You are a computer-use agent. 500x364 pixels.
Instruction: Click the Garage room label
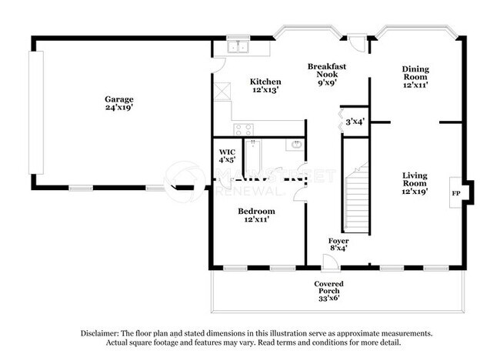pyautogui.click(x=119, y=99)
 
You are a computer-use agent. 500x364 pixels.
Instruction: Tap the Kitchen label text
pyautogui.click(x=265, y=82)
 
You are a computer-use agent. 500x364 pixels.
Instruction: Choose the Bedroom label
pyautogui.click(x=256, y=210)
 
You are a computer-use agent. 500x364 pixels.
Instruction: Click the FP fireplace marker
pyautogui.click(x=455, y=193)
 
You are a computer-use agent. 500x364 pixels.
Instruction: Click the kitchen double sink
pyautogui.click(x=238, y=47)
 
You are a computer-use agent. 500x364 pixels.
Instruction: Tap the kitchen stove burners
pyautogui.click(x=245, y=129)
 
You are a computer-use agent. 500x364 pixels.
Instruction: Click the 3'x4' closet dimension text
pyautogui.click(x=355, y=121)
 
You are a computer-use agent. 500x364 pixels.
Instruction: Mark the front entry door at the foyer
pyautogui.click(x=329, y=263)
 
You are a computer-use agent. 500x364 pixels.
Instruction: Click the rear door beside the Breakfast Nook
pyautogui.click(x=355, y=41)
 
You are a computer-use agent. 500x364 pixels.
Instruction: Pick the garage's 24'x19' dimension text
pyautogui.click(x=119, y=109)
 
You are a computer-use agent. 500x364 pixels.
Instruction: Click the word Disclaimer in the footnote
pyautogui.click(x=103, y=333)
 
